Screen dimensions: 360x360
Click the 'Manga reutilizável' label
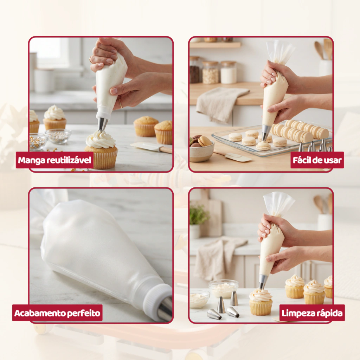pos(54,160)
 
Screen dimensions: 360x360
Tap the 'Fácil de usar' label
pos(317,160)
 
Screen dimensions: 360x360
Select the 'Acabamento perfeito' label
pos(57,313)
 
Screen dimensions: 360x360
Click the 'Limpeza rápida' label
pos(312,313)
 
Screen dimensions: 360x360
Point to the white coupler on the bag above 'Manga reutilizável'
pos(104,114)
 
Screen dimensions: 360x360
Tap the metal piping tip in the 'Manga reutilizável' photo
pos(102,124)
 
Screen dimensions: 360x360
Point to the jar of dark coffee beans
pos(195,70)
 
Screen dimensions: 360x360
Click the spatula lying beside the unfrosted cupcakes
pos(152,147)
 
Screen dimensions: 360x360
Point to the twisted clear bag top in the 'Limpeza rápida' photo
pos(278,204)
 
